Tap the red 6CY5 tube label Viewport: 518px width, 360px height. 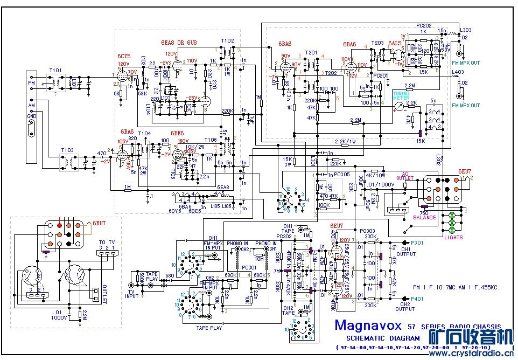click(124, 56)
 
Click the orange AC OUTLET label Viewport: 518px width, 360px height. click(406, 177)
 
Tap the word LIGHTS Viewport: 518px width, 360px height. click(453, 237)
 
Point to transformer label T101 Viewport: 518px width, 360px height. click(55, 71)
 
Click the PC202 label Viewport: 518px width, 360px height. click(424, 25)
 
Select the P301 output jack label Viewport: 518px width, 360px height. click(418, 243)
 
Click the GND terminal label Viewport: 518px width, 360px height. click(32, 115)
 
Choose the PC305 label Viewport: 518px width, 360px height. click(341, 175)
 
